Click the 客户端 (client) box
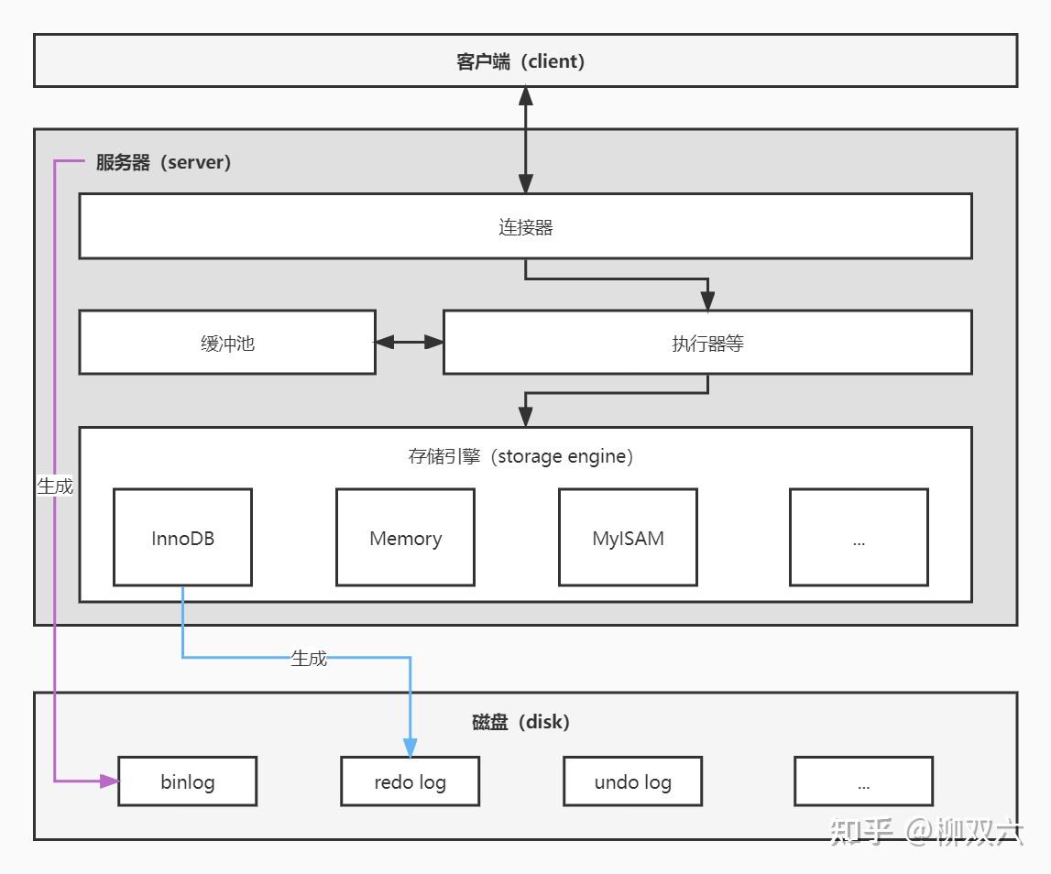click(x=525, y=61)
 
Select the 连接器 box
click(x=525, y=227)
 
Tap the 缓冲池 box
click(x=227, y=343)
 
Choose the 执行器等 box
click(x=707, y=343)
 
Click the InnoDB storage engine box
click(x=182, y=538)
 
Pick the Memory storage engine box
click(x=405, y=538)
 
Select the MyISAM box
click(x=628, y=538)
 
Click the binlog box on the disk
click(x=187, y=781)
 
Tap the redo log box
click(x=410, y=781)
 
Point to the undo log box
click(x=632, y=781)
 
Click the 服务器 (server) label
click(x=163, y=163)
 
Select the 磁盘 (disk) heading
click(x=520, y=722)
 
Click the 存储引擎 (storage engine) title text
click(x=520, y=456)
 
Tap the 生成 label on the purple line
click(x=55, y=486)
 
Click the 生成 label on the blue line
click(x=309, y=658)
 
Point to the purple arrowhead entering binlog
click(x=110, y=781)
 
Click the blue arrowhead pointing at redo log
click(x=410, y=748)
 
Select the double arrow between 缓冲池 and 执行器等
click(x=410, y=342)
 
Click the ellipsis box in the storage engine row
click(x=859, y=538)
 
